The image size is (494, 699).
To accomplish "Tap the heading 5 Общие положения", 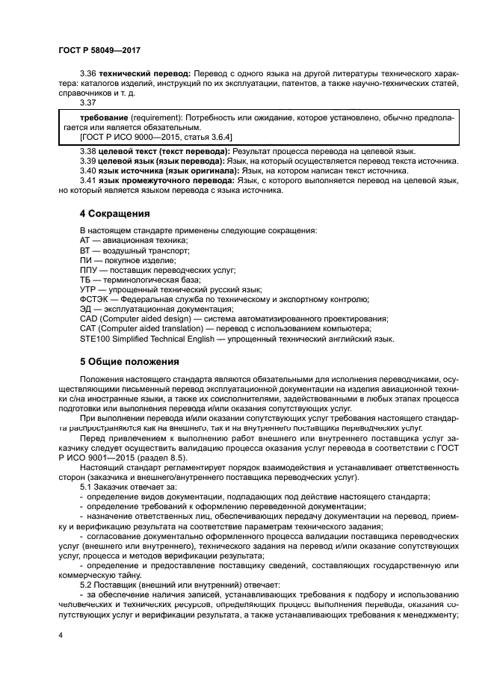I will (x=129, y=361).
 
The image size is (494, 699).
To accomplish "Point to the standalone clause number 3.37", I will (x=88, y=102).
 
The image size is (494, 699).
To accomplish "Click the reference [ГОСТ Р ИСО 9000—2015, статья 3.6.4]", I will (x=129, y=138).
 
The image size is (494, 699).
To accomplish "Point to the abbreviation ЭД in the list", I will (x=86, y=309).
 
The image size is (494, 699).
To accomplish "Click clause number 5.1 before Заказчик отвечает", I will (x=87, y=486).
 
